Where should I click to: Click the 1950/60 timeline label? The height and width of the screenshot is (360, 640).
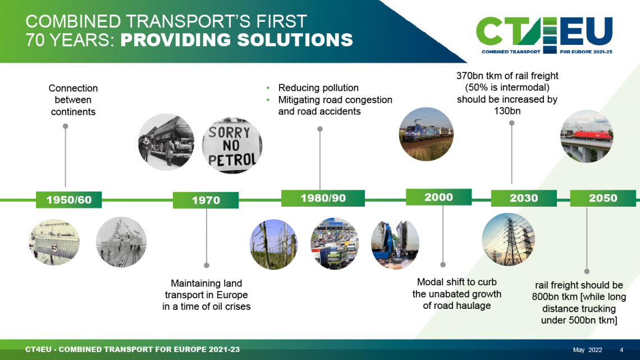[x=68, y=199]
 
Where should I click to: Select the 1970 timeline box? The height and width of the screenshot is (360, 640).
[x=205, y=200]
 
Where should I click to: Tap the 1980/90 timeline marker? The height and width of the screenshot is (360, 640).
[x=323, y=198]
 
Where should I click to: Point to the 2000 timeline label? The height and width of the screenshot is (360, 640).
[x=439, y=197]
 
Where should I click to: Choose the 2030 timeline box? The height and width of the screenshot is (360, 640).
[x=524, y=198]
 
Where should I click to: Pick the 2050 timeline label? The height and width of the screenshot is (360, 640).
[x=603, y=198]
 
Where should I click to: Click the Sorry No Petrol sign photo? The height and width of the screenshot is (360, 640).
[x=232, y=145]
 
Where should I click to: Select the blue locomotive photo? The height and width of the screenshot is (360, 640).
[x=426, y=134]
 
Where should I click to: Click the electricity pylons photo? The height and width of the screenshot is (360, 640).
[x=508, y=239]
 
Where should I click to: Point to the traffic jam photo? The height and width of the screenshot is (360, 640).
[x=334, y=244]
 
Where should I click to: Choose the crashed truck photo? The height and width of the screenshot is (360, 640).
[x=395, y=244]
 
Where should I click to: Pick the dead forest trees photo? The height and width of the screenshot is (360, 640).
[x=273, y=244]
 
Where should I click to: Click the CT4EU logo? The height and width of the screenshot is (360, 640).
[x=545, y=35]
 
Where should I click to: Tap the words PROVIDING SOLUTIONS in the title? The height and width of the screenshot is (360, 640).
[x=237, y=40]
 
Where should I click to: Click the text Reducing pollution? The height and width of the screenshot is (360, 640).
[x=318, y=88]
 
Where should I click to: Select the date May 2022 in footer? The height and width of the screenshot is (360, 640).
[x=587, y=350]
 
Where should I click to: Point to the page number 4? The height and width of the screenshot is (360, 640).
[x=621, y=350]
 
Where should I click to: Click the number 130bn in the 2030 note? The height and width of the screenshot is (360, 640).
[x=507, y=111]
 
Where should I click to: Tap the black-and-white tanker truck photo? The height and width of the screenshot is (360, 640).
[x=166, y=142]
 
